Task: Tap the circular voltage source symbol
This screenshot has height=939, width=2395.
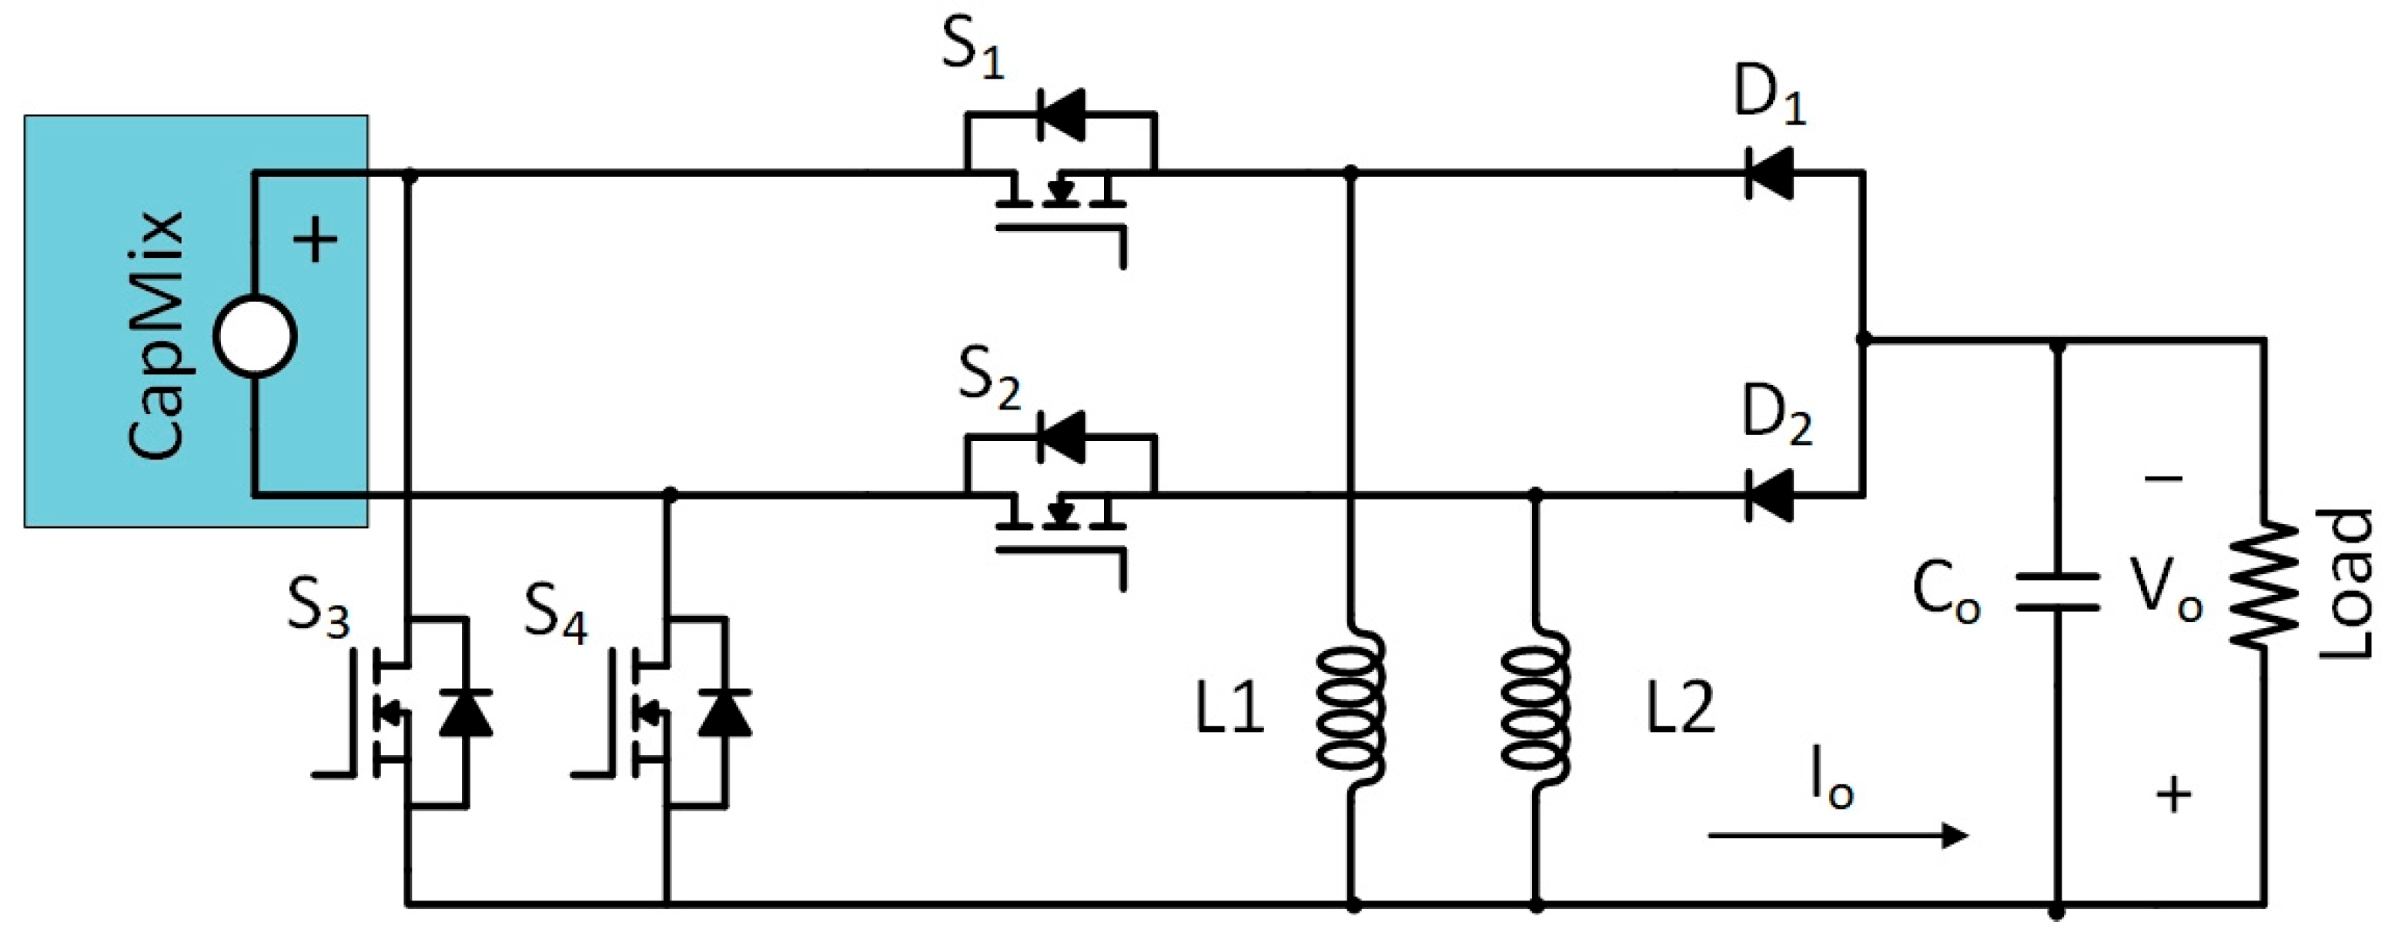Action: click(x=255, y=336)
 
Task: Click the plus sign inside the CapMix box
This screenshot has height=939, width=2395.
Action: click(x=315, y=240)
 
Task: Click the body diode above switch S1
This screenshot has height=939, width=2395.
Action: click(x=1061, y=115)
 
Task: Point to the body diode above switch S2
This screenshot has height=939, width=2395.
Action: click(x=1061, y=437)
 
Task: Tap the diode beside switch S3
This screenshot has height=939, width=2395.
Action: click(x=466, y=713)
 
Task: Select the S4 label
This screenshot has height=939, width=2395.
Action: click(x=555, y=613)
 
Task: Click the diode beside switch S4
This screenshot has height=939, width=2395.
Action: click(x=725, y=713)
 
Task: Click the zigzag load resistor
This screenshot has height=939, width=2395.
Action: click(x=2263, y=586)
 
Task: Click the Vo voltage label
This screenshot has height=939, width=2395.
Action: click(x=2166, y=590)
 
